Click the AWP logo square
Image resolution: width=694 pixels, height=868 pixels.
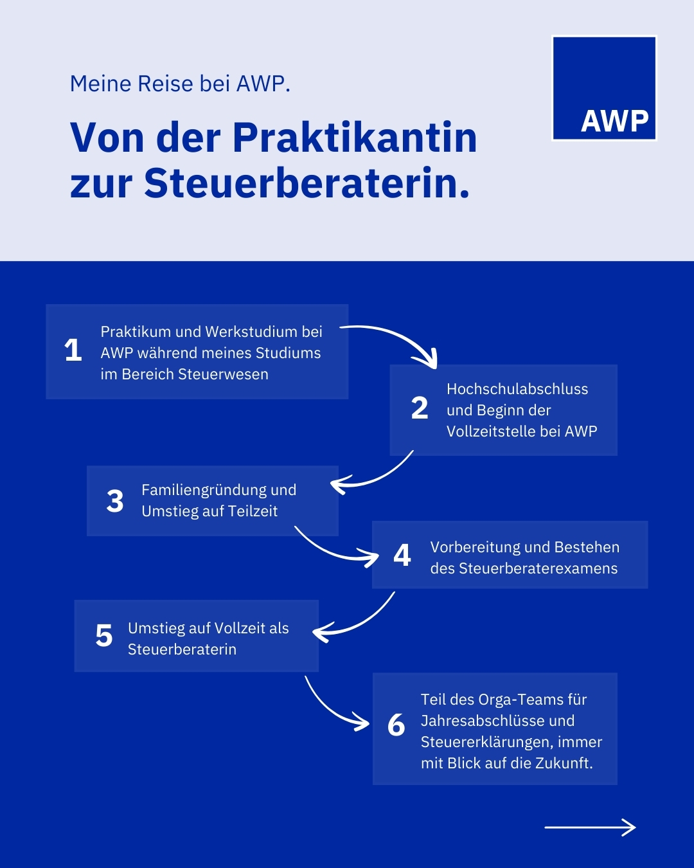604,88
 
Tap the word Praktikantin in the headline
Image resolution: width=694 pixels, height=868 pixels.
355,138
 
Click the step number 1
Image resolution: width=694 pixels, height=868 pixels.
73,350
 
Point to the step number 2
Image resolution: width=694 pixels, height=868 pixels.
420,408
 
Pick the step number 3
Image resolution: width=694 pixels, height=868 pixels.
115,501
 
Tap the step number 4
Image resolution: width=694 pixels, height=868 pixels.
402,555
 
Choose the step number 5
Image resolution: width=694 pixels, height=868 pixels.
104,636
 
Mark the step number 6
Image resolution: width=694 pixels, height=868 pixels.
396,725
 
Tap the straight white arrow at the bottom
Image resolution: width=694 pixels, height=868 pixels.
590,827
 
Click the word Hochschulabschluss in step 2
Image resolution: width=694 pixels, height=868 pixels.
517,389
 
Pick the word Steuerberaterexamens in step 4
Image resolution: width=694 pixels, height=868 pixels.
538,568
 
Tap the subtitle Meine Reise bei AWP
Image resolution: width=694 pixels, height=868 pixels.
180,84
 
